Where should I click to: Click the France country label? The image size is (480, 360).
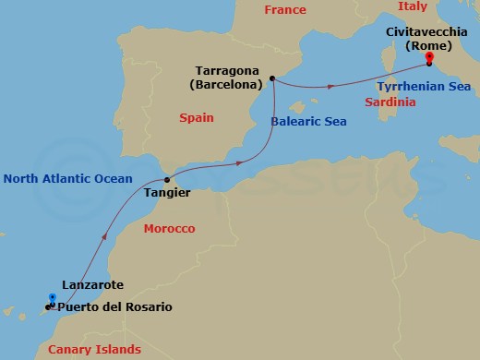click(284, 10)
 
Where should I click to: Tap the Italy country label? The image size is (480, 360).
click(413, 6)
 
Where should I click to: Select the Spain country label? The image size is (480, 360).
click(196, 118)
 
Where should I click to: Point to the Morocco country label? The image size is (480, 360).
click(170, 228)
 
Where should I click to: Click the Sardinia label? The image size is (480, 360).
click(390, 102)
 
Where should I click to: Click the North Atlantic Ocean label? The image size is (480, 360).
click(67, 178)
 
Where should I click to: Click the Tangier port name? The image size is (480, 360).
click(167, 193)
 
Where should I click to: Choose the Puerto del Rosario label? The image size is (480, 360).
click(114, 306)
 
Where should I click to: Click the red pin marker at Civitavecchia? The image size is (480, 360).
click(429, 58)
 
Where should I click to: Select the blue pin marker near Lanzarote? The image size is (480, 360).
click(52, 299)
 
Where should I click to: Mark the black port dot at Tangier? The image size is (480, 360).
click(166, 179)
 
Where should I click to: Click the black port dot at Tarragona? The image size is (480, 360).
click(272, 79)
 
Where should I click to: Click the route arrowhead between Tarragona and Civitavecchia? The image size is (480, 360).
click(330, 87)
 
